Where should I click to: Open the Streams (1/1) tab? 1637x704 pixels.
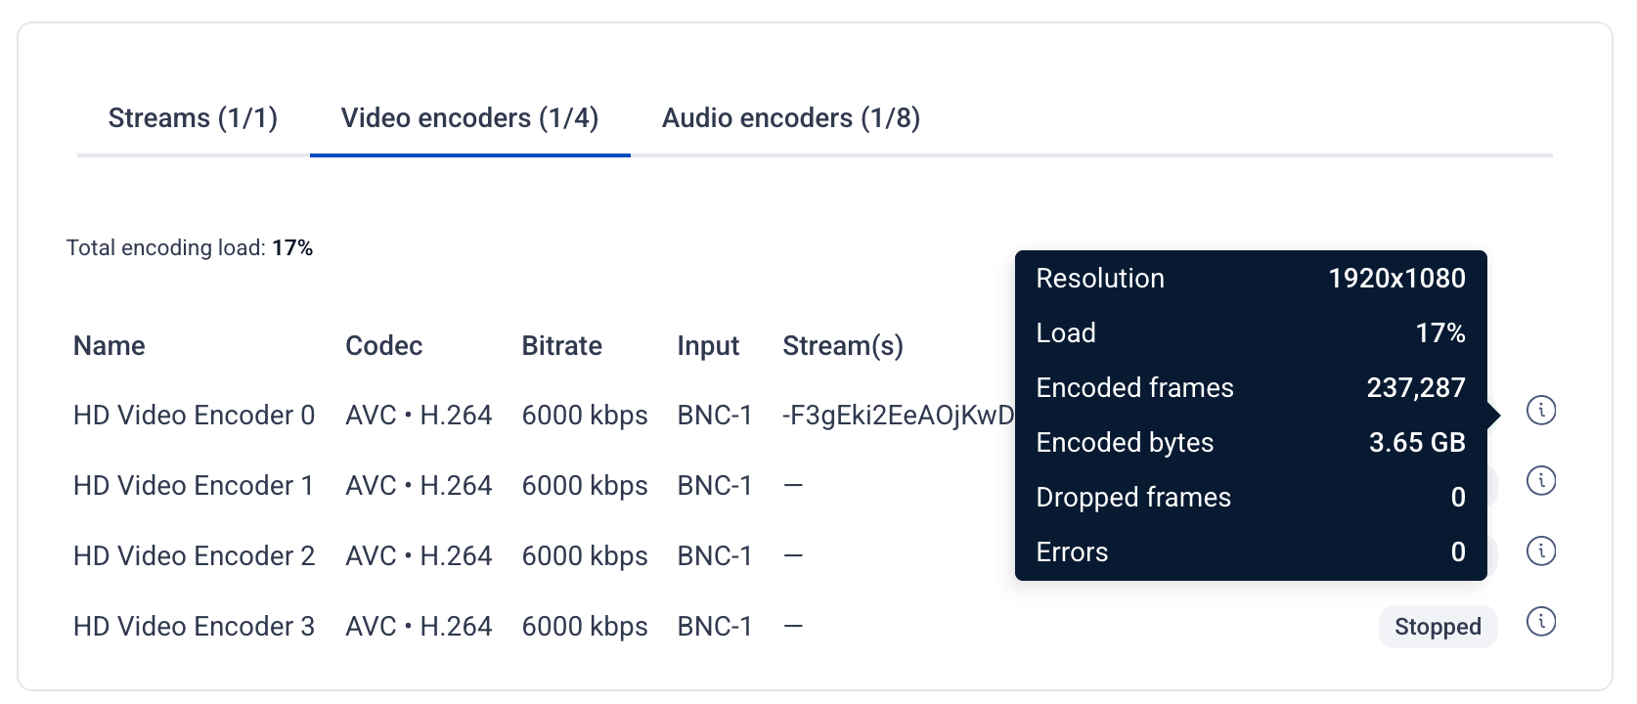[x=193, y=118]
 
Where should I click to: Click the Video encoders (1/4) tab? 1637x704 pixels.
[x=470, y=118]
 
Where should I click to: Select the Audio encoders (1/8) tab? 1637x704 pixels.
[x=791, y=118]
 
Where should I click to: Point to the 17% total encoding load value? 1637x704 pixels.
[x=292, y=248]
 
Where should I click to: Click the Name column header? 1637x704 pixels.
[x=109, y=346]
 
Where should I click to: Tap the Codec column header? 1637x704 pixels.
[x=383, y=346]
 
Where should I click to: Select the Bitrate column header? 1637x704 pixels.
[x=562, y=346]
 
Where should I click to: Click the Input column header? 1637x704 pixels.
[x=708, y=346]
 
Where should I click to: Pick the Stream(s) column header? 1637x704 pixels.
[x=843, y=346]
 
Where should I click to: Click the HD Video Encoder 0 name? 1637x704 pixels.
[x=195, y=416]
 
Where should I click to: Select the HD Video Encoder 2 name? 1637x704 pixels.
[x=195, y=556]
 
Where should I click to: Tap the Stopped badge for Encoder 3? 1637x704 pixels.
[x=1438, y=627]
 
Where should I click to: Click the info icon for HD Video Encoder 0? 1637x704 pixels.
[x=1541, y=410]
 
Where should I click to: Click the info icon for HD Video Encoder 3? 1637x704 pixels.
[x=1541, y=622]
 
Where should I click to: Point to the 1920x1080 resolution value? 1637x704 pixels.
[x=1396, y=279]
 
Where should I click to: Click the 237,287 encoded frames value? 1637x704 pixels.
[x=1416, y=388]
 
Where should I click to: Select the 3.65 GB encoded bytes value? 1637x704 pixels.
[x=1417, y=443]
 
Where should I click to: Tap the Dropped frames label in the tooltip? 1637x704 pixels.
[x=1133, y=498]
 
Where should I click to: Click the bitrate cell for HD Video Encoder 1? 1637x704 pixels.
[x=585, y=486]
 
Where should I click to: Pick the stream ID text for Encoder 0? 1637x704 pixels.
[x=898, y=416]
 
